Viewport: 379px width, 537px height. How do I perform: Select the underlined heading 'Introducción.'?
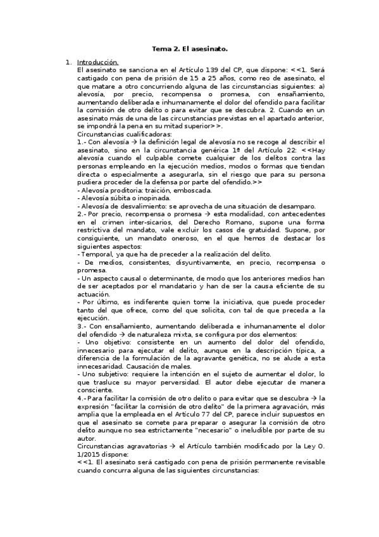click(x=97, y=62)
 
